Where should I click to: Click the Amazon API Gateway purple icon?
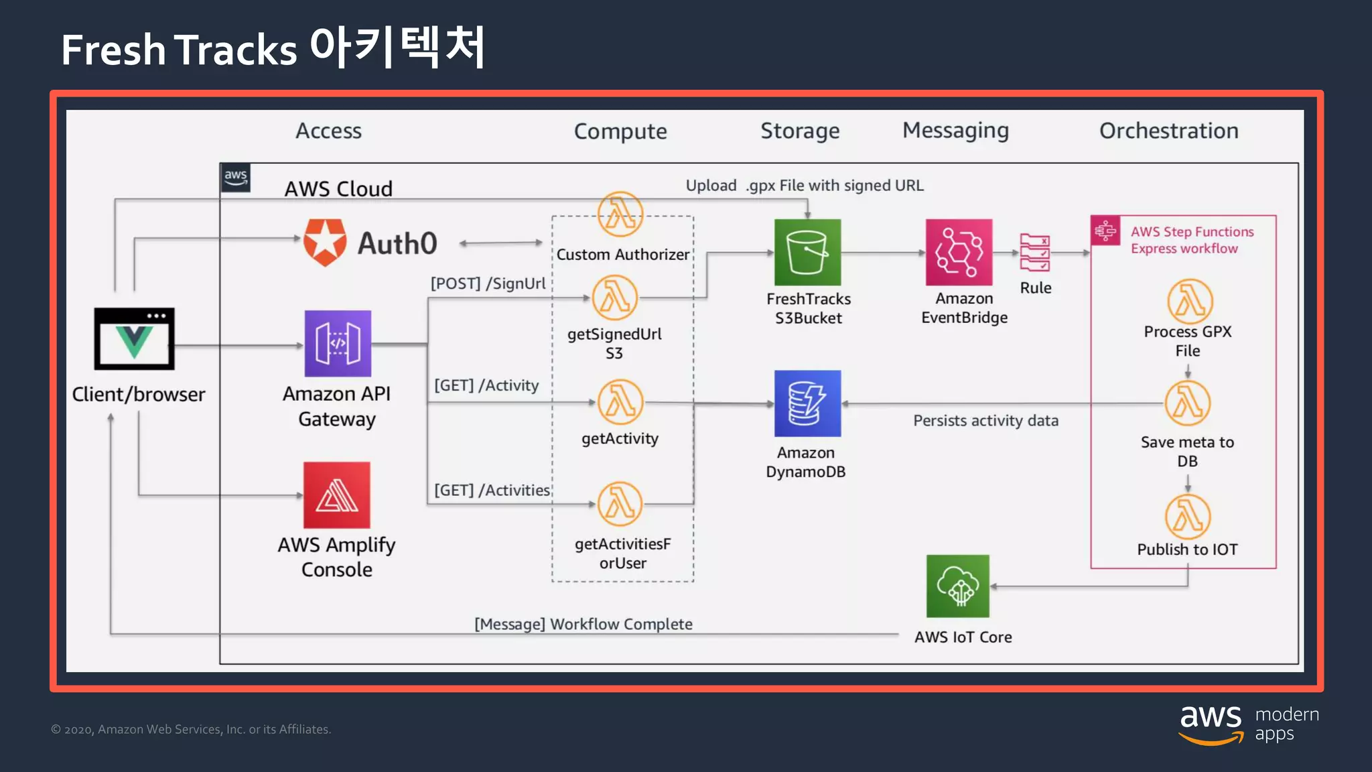[338, 343]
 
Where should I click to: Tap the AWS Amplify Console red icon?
[336, 495]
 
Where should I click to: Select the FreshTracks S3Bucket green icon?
[807, 253]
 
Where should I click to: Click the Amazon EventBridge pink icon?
[959, 253]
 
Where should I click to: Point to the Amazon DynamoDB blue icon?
[807, 403]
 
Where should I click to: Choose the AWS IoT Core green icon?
[957, 586]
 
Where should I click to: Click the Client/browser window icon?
[134, 339]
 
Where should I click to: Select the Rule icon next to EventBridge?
[1034, 253]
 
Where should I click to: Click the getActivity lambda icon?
[620, 402]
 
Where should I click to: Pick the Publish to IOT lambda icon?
[1188, 517]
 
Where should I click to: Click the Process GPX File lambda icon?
[1190, 302]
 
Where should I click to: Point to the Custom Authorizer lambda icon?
[620, 214]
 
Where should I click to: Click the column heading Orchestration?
[1168, 131]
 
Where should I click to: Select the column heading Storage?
[800, 131]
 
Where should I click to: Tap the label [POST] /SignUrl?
[488, 283]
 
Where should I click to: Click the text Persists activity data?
[985, 421]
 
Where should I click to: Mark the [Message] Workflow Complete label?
[583, 624]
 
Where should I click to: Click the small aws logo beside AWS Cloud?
[236, 178]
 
